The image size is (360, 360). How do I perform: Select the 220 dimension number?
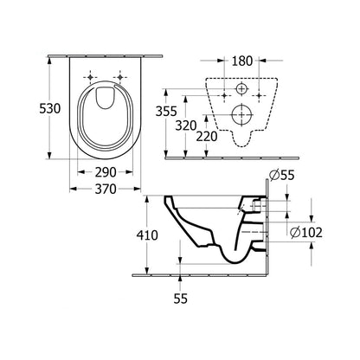point(206,136)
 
